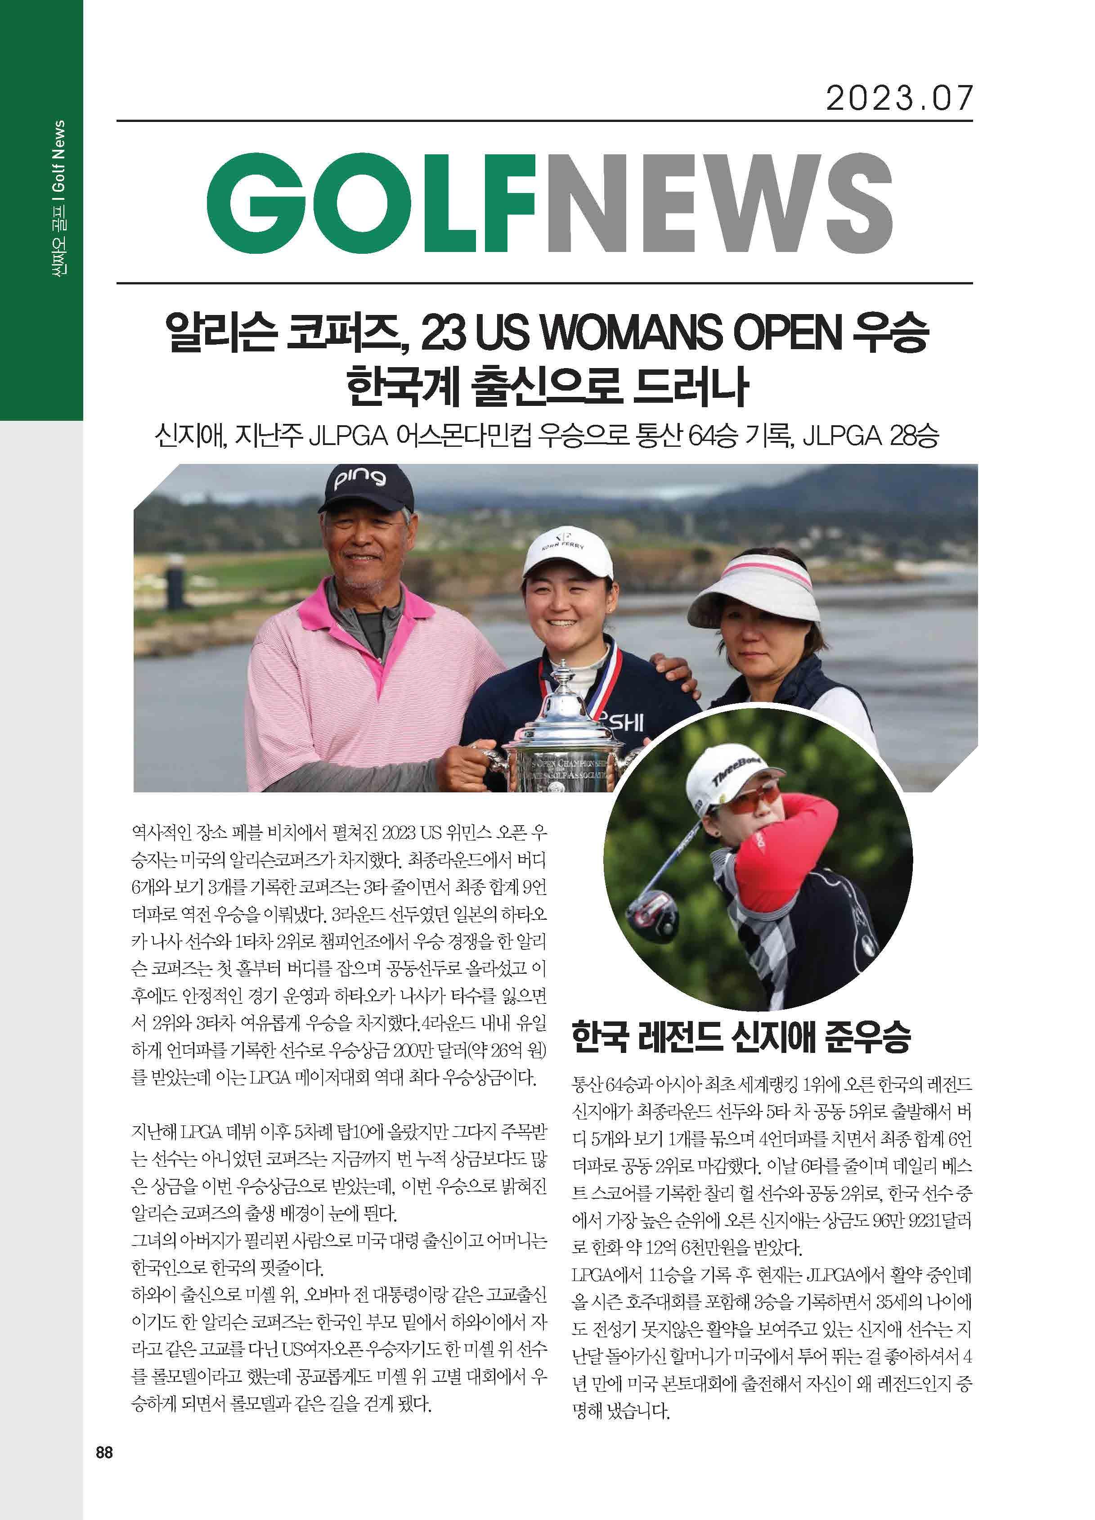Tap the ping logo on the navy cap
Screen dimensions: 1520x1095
[x=360, y=478]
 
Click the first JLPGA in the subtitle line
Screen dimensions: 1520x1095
[x=349, y=437]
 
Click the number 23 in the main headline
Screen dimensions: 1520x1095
[x=443, y=333]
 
